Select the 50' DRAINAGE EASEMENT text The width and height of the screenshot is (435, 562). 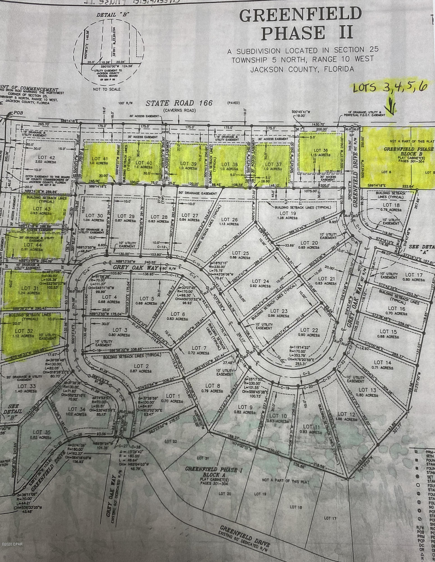tap(198, 193)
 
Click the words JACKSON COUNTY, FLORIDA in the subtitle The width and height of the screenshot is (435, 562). tap(302, 69)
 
